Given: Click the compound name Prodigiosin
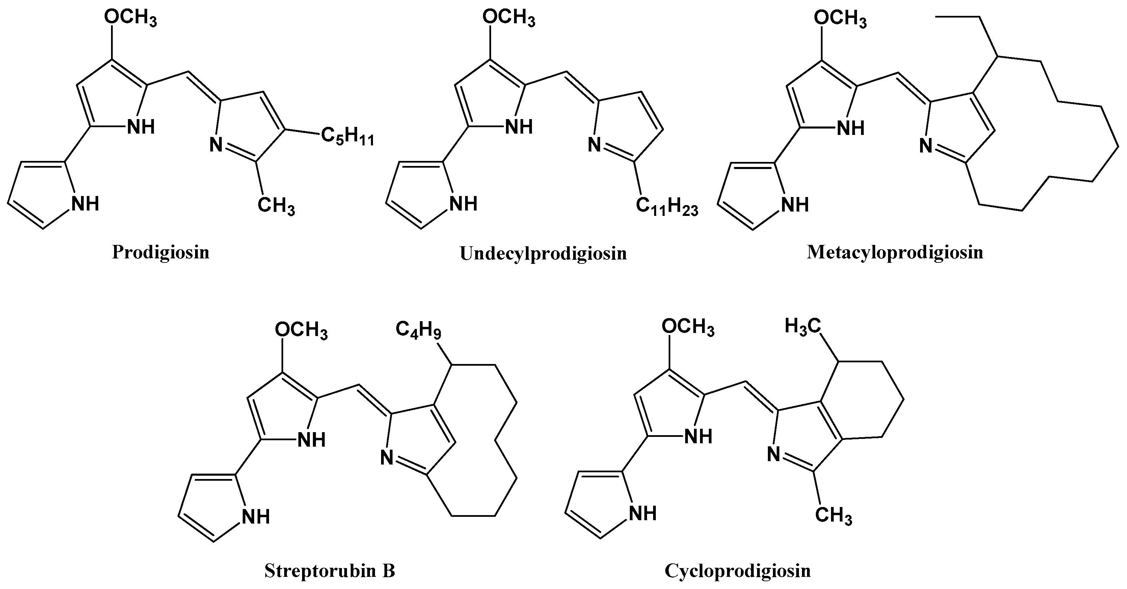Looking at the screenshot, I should [x=161, y=253].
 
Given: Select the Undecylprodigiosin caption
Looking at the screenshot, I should [x=543, y=254].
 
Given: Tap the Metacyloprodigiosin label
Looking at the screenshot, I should [x=895, y=252].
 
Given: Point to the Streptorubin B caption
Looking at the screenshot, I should [x=329, y=571].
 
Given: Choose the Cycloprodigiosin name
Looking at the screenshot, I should [x=737, y=571].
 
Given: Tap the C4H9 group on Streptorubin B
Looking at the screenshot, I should [x=418, y=330].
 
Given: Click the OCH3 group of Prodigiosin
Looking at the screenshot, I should [x=130, y=19].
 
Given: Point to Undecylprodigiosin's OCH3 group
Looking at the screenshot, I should [x=508, y=19].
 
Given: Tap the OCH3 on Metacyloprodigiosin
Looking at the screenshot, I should [x=840, y=20].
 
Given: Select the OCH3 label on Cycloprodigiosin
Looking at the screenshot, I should [x=688, y=328].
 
